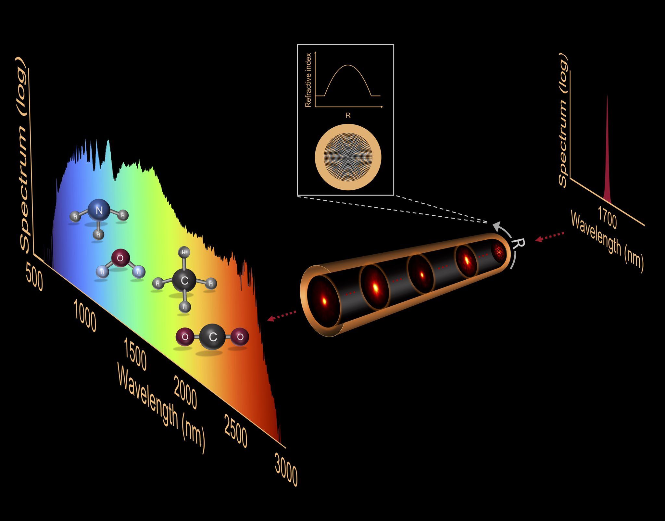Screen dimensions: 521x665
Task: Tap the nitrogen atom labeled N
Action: tap(99, 210)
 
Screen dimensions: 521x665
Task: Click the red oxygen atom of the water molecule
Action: tap(120, 258)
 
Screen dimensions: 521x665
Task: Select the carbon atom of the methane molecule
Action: tap(184, 281)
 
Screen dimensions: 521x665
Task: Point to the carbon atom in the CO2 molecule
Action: tap(213, 337)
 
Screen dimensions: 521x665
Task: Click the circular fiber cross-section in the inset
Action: tap(348, 157)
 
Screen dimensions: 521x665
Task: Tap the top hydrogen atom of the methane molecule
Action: tap(184, 252)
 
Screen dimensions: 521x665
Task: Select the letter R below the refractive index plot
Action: tap(348, 116)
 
